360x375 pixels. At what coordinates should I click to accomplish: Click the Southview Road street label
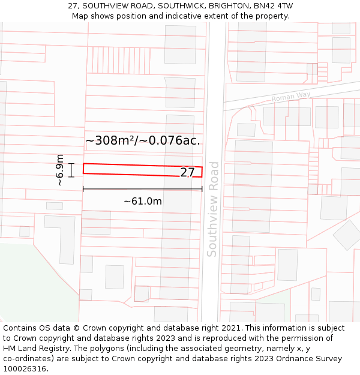(x=212, y=209)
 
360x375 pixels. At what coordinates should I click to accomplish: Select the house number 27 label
(x=187, y=173)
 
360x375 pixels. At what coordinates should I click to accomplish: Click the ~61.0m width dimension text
(x=143, y=201)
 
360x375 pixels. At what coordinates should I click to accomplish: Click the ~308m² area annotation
(x=143, y=141)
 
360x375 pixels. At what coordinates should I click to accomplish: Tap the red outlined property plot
(x=132, y=169)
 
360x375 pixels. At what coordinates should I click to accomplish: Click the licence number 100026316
(x=25, y=369)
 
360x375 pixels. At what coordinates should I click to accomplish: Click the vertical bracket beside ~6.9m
(x=71, y=170)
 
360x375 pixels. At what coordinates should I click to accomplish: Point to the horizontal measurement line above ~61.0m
(x=143, y=189)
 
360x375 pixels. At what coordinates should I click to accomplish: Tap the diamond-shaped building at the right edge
(x=347, y=235)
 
